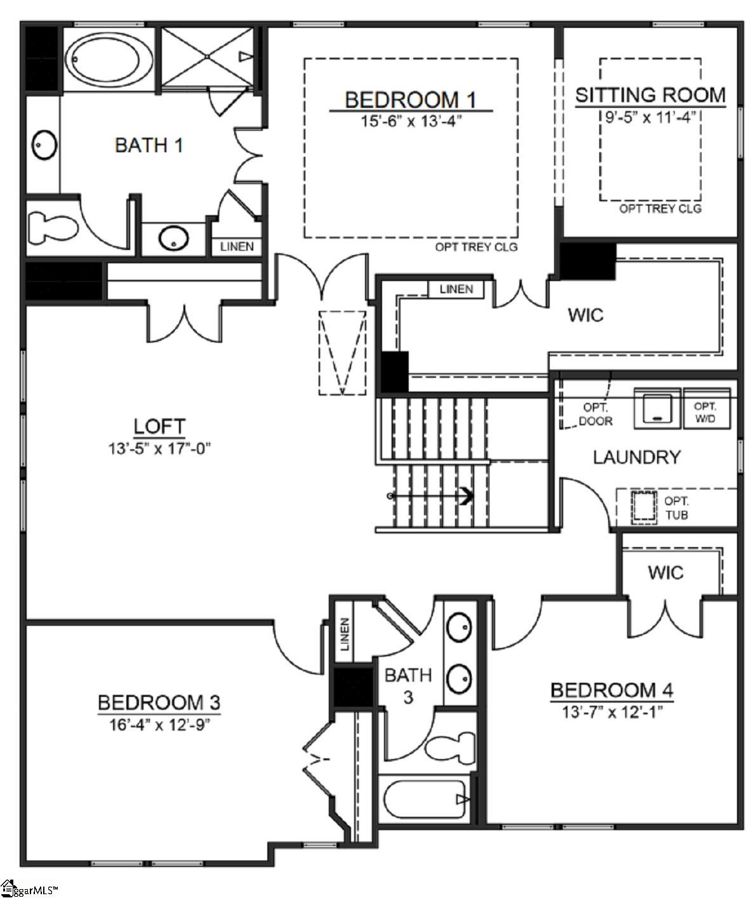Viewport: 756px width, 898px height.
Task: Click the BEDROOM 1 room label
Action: click(410, 100)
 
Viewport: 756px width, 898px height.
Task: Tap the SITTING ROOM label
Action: click(650, 95)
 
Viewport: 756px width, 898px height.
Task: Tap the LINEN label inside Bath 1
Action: click(237, 246)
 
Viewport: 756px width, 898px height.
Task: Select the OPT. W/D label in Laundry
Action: click(705, 412)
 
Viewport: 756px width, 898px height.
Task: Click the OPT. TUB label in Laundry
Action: click(676, 508)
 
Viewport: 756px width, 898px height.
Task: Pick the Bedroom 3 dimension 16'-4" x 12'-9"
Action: click(159, 723)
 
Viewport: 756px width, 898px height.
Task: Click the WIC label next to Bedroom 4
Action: click(665, 572)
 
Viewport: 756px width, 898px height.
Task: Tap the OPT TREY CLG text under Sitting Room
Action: click(660, 209)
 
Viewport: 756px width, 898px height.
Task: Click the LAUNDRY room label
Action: click(637, 457)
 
